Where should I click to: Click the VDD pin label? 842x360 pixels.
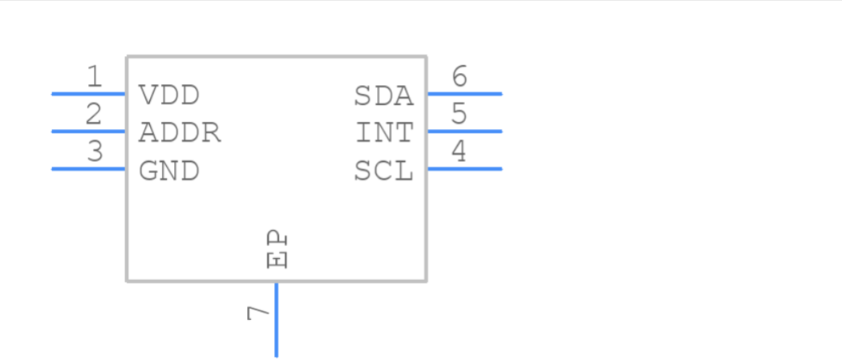pyautogui.click(x=168, y=95)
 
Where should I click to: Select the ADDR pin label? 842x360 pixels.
pyautogui.click(x=179, y=132)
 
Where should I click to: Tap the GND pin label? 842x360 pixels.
pyautogui.click(x=168, y=171)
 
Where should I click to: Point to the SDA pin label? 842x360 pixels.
pyautogui.click(x=384, y=96)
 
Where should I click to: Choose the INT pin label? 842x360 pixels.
pyautogui.click(x=384, y=133)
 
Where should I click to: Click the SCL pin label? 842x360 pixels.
pyautogui.click(x=384, y=171)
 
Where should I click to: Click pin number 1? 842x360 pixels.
pyautogui.click(x=95, y=78)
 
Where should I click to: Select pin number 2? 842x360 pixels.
pyautogui.click(x=94, y=115)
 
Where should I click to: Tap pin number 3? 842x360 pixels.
pyautogui.click(x=95, y=152)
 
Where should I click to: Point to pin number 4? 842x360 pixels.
pyautogui.click(x=459, y=152)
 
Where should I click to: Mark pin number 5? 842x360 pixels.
pyautogui.click(x=459, y=115)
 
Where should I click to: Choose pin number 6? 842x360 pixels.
pyautogui.click(x=459, y=77)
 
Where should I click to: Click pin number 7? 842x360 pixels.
pyautogui.click(x=258, y=311)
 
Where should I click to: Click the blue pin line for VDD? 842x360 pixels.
pyautogui.click(x=88, y=94)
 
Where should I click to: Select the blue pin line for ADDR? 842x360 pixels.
pyautogui.click(x=88, y=131)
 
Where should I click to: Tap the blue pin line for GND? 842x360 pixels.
pyautogui.click(x=88, y=168)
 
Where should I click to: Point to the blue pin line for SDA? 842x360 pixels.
pyautogui.click(x=464, y=94)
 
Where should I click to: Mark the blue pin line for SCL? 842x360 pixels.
pyautogui.click(x=464, y=168)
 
